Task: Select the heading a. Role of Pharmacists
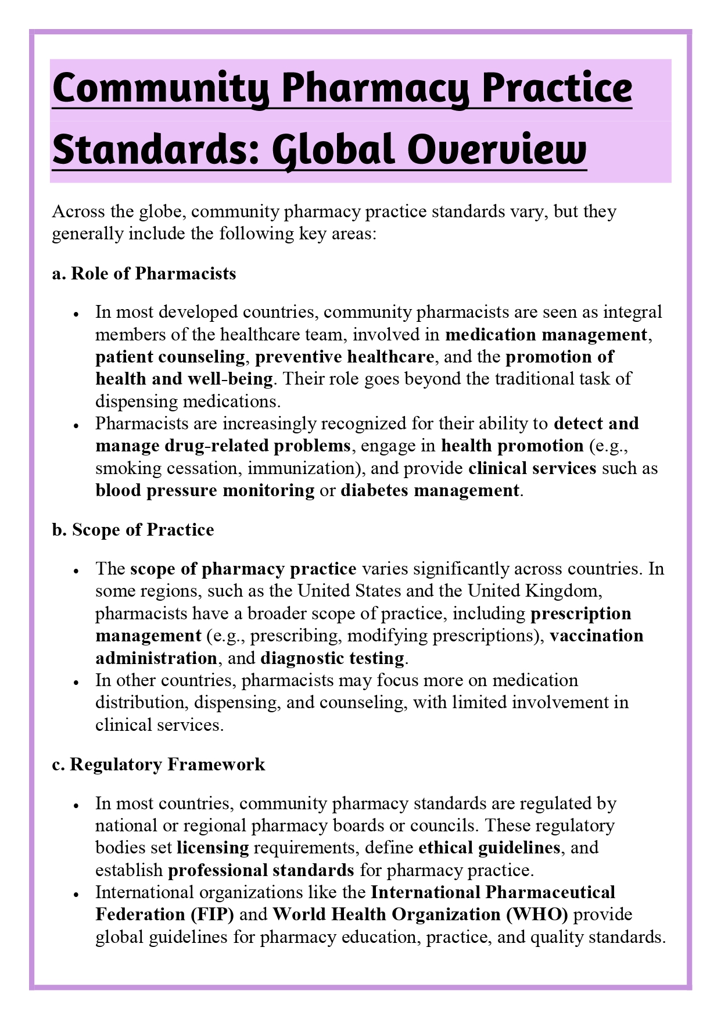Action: click(144, 274)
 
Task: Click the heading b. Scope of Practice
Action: click(133, 530)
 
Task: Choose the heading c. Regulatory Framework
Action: click(159, 765)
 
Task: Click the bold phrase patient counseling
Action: click(170, 357)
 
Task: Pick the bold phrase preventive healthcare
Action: click(345, 357)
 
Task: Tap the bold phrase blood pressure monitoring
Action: click(205, 490)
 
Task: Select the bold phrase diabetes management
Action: click(430, 490)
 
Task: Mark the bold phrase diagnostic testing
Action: click(332, 658)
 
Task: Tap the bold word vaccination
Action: click(597, 636)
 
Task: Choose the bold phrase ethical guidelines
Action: click(489, 848)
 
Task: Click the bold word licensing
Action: click(213, 848)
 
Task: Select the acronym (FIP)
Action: click(212, 914)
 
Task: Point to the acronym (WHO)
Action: click(537, 914)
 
